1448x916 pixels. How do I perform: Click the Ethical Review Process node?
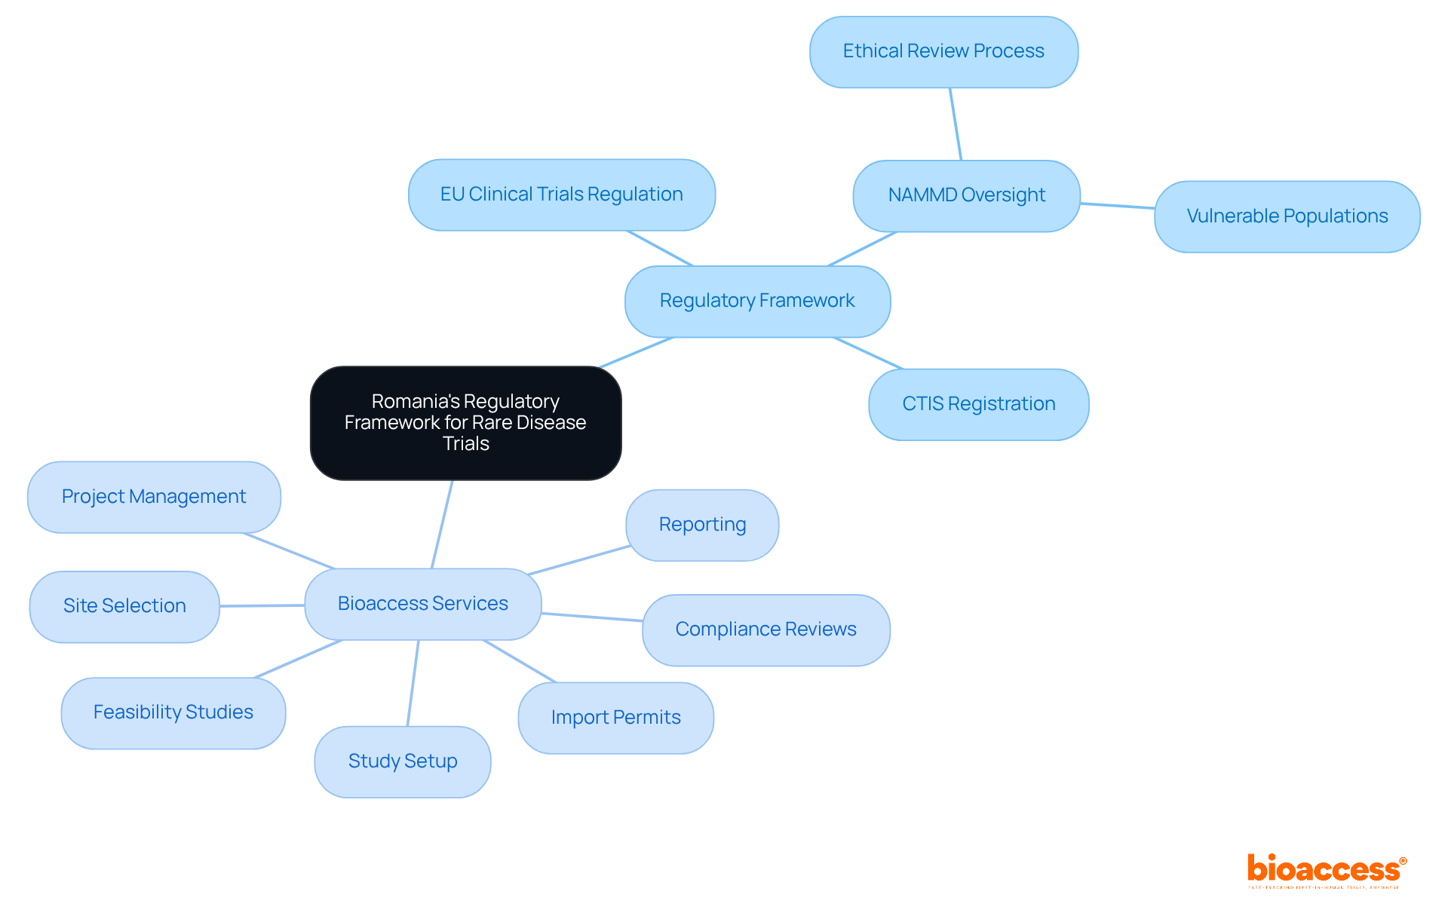coord(943,51)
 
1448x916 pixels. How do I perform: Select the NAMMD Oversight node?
coord(966,195)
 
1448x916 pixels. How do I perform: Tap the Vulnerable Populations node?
coord(1287,216)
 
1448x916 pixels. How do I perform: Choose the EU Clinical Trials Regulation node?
coord(561,195)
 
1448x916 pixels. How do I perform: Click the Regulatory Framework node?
coord(757,301)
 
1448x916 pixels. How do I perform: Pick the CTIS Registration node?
coord(978,404)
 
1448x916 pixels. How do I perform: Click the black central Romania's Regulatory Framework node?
coord(465,423)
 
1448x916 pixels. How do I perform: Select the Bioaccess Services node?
coord(422,604)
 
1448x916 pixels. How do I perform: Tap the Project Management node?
coord(154,497)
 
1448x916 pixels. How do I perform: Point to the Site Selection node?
coord(124,606)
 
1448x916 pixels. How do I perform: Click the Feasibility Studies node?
coord(173,712)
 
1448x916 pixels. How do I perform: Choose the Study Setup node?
coord(402,761)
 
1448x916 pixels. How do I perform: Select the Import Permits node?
coord(615,718)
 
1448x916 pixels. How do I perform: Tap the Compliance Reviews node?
coord(765,630)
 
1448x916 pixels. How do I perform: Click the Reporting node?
coord(702,525)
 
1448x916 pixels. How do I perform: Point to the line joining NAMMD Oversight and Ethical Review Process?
coord(956,124)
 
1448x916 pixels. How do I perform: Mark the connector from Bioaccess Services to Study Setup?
coord(413,683)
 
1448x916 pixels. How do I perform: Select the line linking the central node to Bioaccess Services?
coord(442,524)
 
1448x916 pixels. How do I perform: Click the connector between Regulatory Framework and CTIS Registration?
coord(868,354)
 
